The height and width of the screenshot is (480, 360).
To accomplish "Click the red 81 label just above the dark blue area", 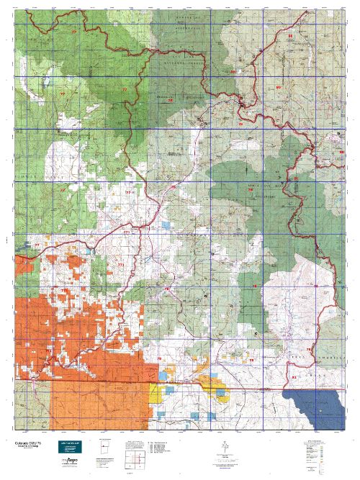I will [293, 376].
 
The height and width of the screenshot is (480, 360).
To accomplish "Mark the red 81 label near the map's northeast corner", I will [290, 35].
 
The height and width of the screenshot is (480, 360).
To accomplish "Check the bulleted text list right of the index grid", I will [162, 450].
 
